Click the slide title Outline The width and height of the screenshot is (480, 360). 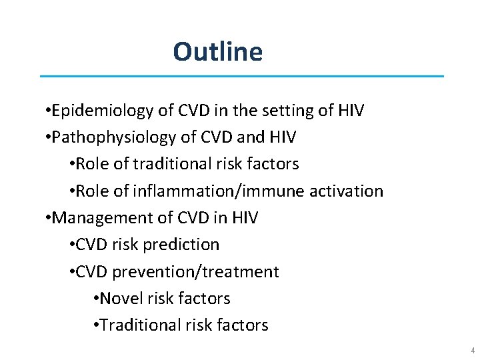(217, 51)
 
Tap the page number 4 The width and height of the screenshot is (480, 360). (472, 351)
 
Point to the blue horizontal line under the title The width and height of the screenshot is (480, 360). (241, 76)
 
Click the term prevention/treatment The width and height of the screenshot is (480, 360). (196, 272)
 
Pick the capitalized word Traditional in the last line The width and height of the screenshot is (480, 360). (134, 325)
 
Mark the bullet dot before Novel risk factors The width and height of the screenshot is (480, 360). (97, 299)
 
